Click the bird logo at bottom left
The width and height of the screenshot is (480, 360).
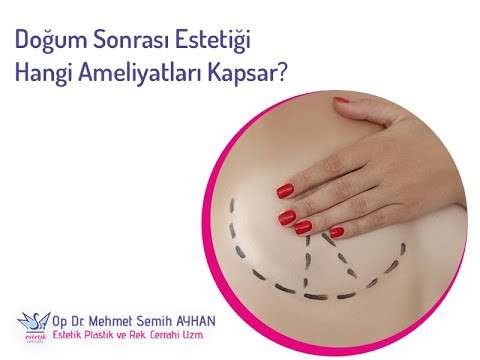(31, 322)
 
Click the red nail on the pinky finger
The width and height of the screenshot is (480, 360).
(336, 232)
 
